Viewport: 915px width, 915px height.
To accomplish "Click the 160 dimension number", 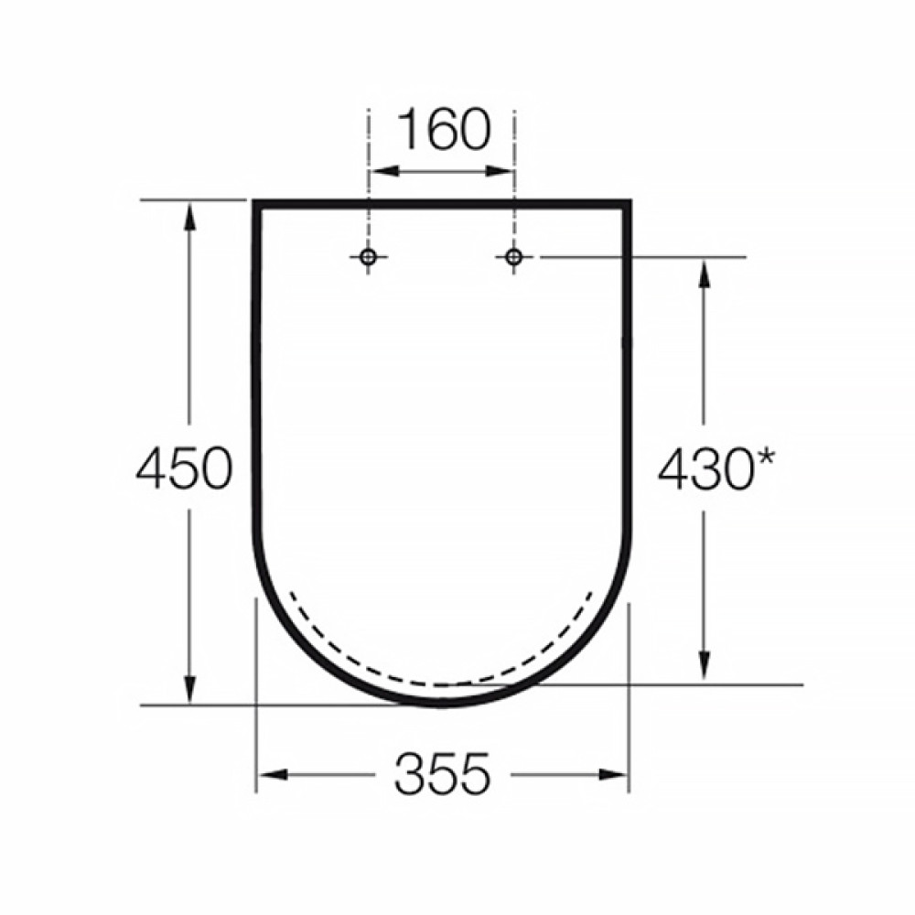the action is tap(444, 130).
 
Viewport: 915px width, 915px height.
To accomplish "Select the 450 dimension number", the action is tap(184, 468).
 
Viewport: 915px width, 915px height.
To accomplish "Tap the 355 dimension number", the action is tap(442, 774).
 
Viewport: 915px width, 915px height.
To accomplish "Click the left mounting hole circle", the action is tap(368, 257).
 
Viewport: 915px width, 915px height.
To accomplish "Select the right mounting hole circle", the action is tap(513, 257).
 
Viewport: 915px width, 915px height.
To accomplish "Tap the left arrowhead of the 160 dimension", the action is tap(385, 171).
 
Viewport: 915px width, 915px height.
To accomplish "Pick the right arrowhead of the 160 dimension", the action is tap(499, 171).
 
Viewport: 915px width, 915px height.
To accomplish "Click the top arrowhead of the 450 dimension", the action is tap(189, 216).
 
